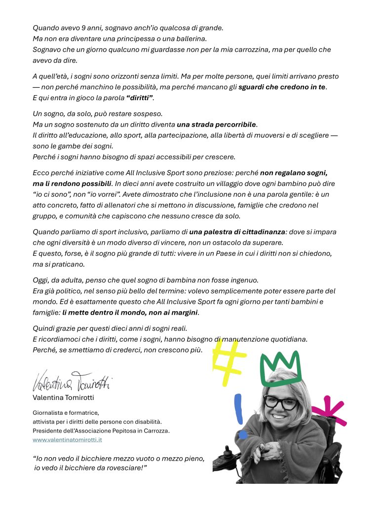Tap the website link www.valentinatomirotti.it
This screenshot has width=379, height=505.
click(x=67, y=439)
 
